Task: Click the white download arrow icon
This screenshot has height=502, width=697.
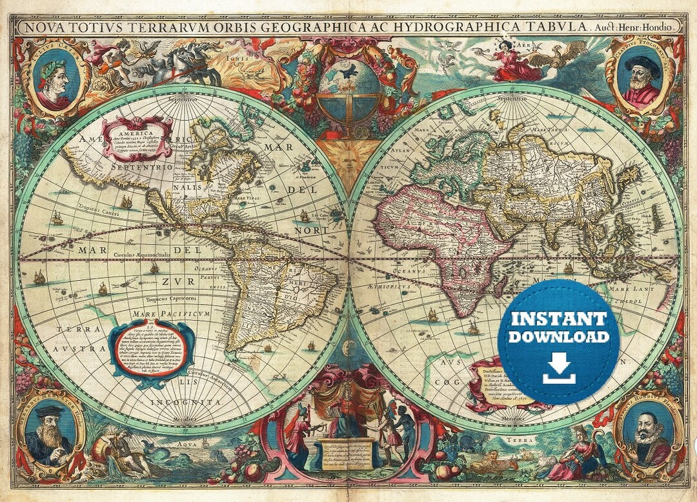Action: [559, 368]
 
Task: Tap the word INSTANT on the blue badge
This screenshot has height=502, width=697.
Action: [559, 318]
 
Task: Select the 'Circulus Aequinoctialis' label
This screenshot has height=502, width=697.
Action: [141, 255]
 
